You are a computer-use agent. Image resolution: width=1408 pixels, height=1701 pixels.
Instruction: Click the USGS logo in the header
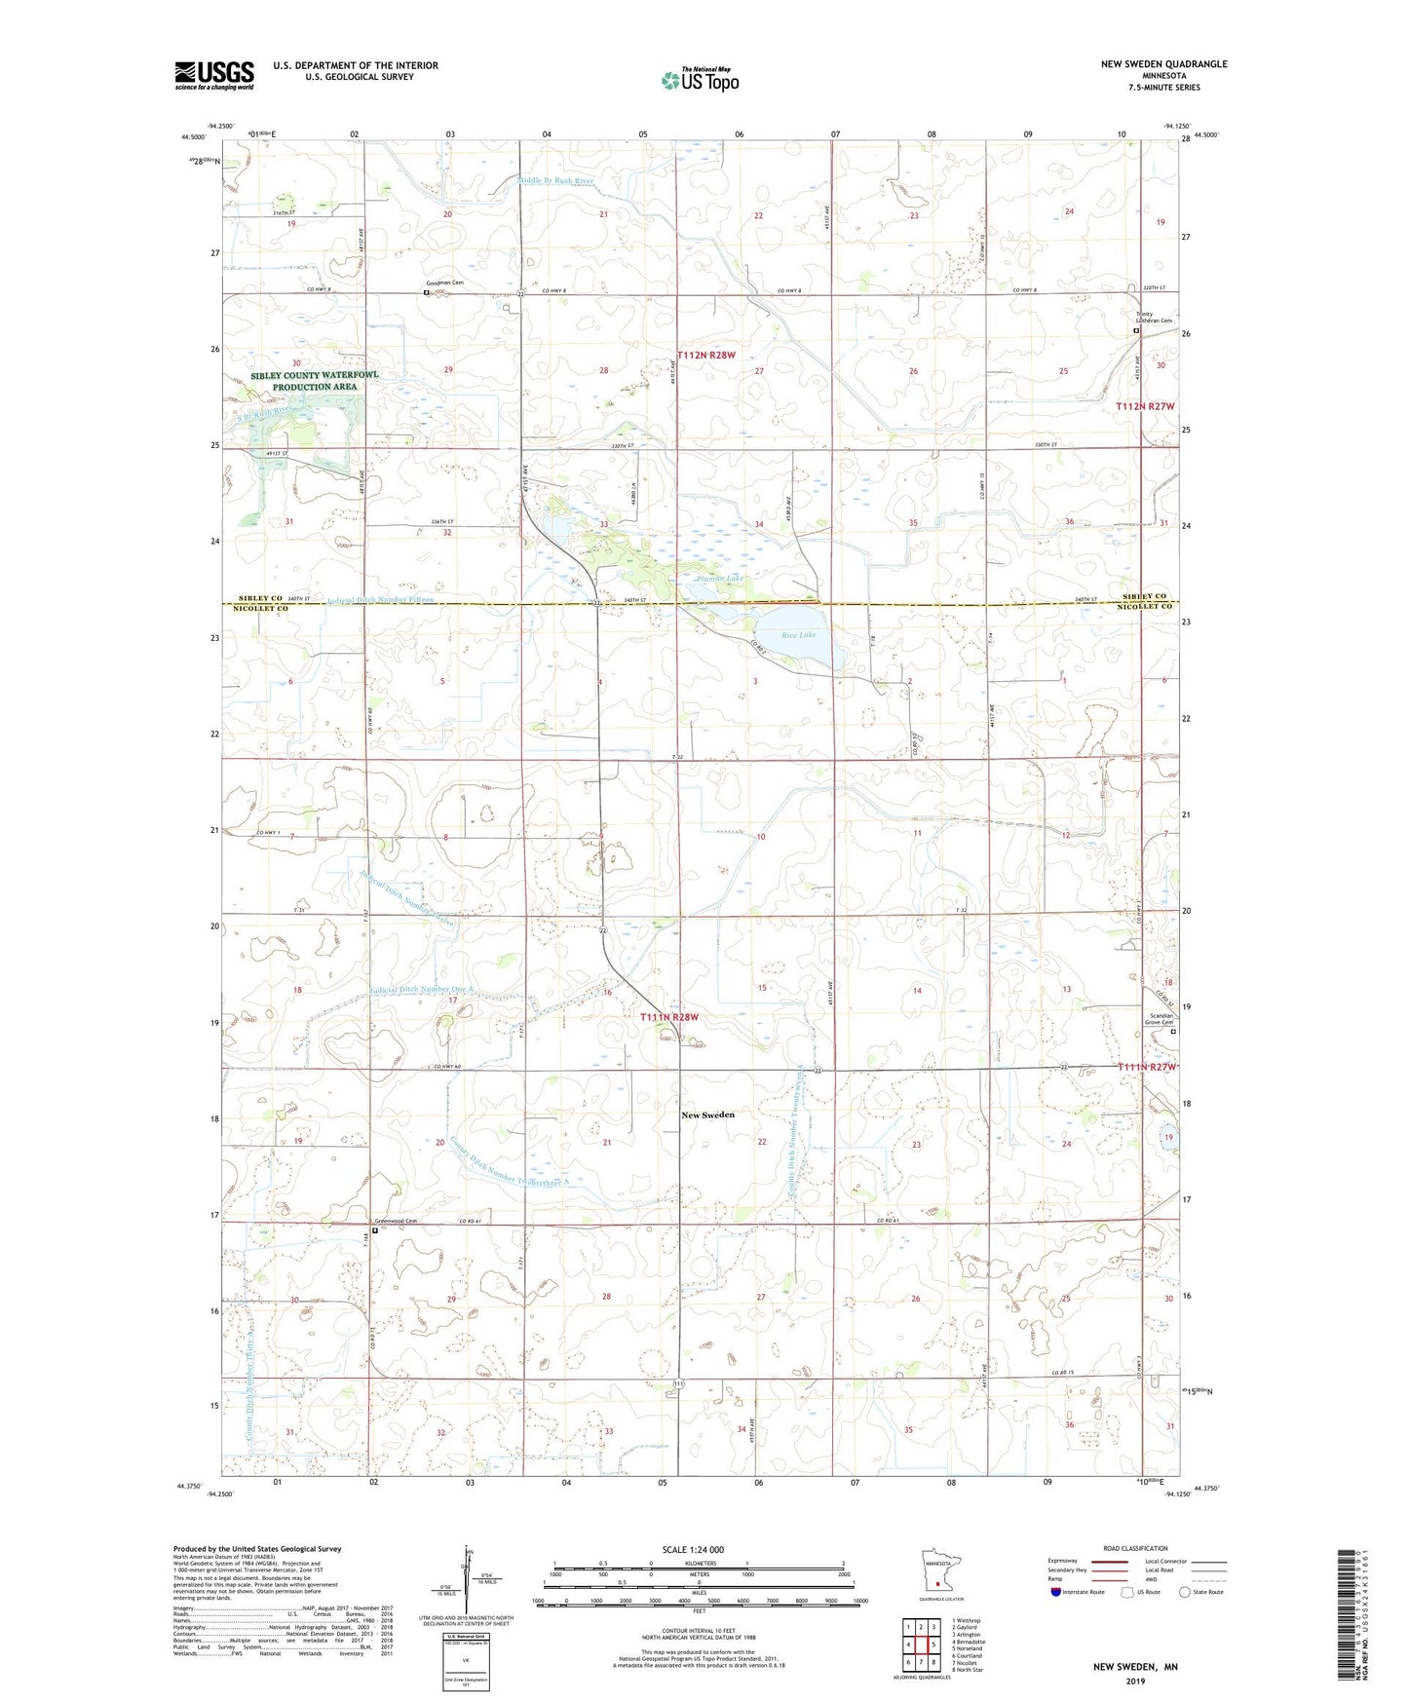tap(214, 74)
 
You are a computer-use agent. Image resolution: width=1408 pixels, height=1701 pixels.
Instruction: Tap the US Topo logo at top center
tap(699, 81)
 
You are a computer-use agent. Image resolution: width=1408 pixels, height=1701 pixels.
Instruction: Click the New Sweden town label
tap(707, 1115)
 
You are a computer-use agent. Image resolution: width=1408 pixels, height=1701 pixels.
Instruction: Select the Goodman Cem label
tap(444, 283)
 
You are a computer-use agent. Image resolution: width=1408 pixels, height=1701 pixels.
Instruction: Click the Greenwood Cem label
tap(397, 1222)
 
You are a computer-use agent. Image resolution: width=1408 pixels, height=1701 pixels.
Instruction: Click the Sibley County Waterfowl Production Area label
tap(301, 381)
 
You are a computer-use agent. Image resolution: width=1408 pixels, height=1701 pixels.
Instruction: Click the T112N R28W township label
tap(706, 356)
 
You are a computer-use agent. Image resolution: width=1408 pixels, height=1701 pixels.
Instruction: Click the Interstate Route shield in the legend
tap(1057, 1592)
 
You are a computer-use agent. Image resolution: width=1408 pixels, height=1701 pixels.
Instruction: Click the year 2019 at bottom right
tap(1135, 1681)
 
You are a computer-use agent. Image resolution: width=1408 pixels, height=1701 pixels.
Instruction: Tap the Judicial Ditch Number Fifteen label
tap(379, 600)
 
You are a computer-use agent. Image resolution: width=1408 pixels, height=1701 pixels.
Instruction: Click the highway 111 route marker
tap(679, 1384)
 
